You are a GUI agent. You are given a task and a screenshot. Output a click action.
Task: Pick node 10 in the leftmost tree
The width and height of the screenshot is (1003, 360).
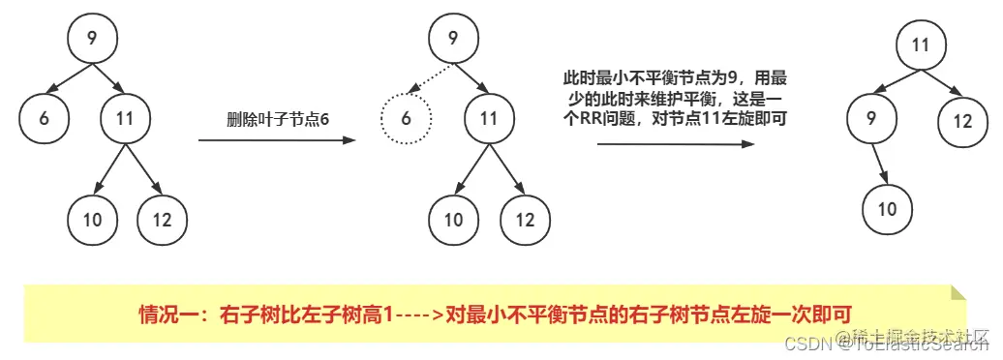93,220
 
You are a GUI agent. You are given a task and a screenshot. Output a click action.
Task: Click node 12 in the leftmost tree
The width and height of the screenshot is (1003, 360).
163,220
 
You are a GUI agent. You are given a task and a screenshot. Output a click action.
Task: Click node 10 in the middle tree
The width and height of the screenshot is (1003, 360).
454,220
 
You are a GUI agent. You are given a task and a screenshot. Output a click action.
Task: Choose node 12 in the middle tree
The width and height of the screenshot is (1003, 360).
525,220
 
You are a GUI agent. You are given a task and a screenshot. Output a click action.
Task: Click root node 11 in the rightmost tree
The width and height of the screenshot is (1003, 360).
920,45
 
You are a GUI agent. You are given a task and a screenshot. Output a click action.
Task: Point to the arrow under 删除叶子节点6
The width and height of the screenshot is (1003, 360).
276,140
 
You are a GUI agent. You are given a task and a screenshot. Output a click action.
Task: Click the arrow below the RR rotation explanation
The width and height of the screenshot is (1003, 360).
675,144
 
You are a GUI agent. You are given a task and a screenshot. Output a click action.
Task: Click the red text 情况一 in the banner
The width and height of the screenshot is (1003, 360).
161,315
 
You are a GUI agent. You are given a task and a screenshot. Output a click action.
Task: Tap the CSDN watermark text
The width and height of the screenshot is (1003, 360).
802,345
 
